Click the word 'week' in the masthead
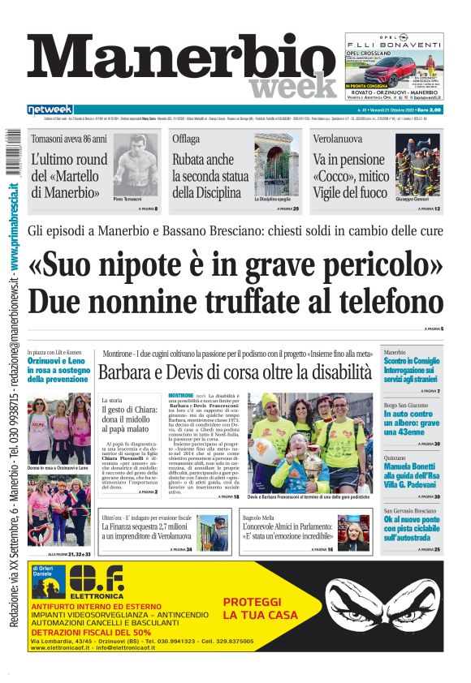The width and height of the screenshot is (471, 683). pyautogui.click(x=292, y=84)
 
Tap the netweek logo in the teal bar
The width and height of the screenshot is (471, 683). pyautogui.click(x=51, y=109)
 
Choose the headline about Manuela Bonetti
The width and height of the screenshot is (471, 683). pyautogui.click(x=412, y=474)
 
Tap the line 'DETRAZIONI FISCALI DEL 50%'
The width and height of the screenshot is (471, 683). pyautogui.click(x=91, y=632)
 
